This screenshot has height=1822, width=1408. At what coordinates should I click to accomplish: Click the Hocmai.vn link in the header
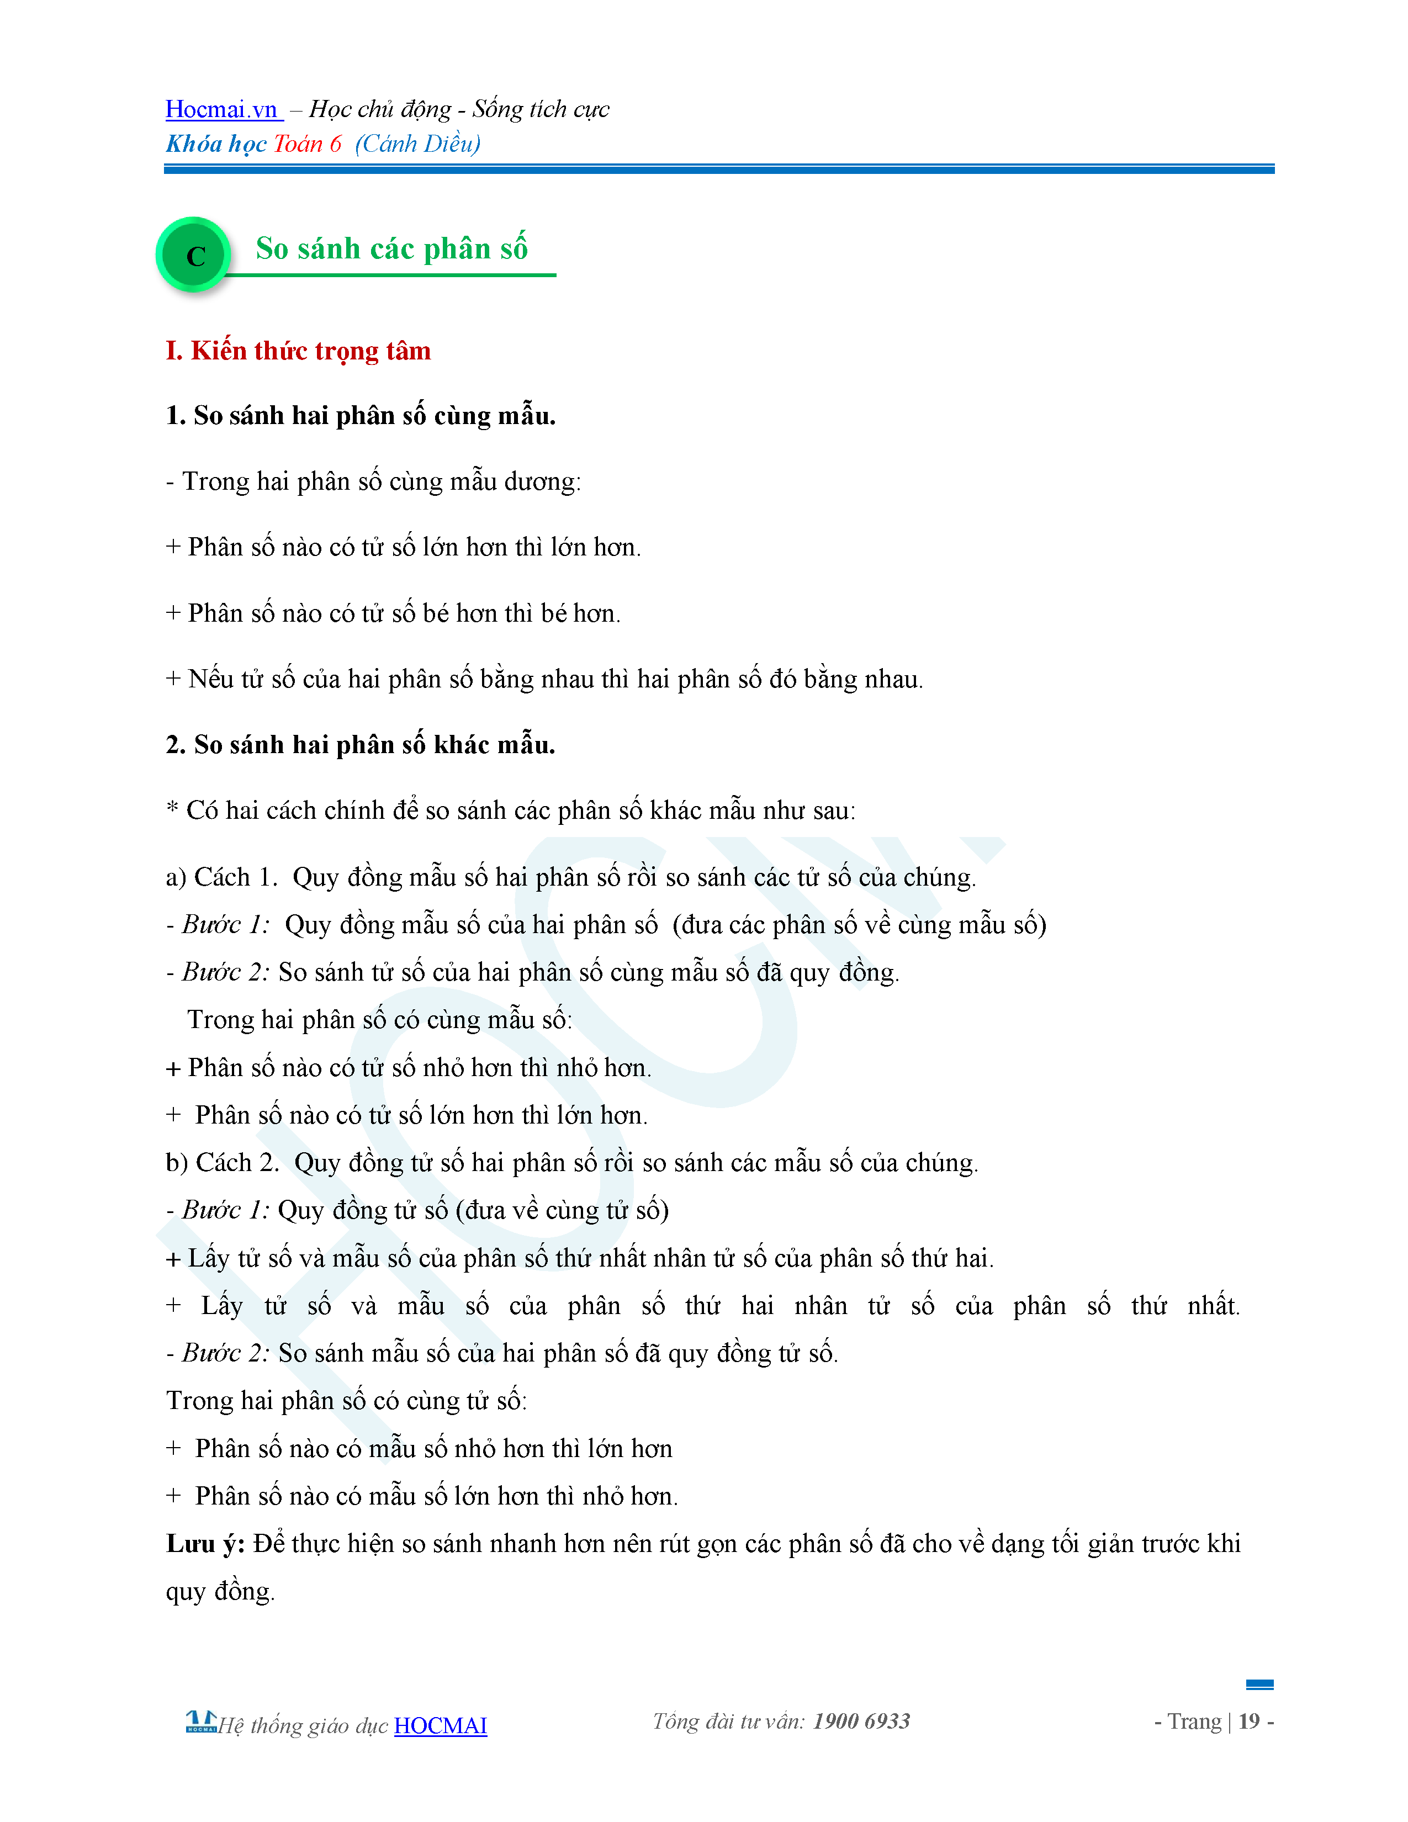click(222, 109)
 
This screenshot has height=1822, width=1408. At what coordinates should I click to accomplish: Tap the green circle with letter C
click(194, 255)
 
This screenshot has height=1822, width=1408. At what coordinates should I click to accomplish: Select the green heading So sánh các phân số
click(391, 248)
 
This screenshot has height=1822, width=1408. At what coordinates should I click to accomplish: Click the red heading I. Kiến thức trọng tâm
click(298, 351)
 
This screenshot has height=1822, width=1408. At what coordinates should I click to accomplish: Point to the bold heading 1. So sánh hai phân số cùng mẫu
click(361, 415)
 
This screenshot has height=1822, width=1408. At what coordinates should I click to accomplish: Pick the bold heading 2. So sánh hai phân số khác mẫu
click(361, 744)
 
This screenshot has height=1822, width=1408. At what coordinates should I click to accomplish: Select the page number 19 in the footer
click(1248, 1721)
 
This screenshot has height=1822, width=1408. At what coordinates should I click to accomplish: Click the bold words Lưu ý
click(204, 1543)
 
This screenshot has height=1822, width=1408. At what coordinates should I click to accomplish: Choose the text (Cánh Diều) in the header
click(418, 144)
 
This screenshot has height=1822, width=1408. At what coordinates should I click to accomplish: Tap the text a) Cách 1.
click(221, 877)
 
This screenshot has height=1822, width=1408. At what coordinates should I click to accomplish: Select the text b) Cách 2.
click(222, 1162)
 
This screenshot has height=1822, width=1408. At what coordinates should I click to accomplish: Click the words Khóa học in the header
click(216, 144)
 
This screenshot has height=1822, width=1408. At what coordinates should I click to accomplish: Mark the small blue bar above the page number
click(1259, 1685)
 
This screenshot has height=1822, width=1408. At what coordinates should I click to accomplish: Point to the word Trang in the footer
click(1194, 1721)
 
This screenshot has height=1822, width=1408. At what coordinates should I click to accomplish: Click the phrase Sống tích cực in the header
click(541, 109)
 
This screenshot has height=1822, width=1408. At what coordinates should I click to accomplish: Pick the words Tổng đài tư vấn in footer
click(728, 1721)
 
